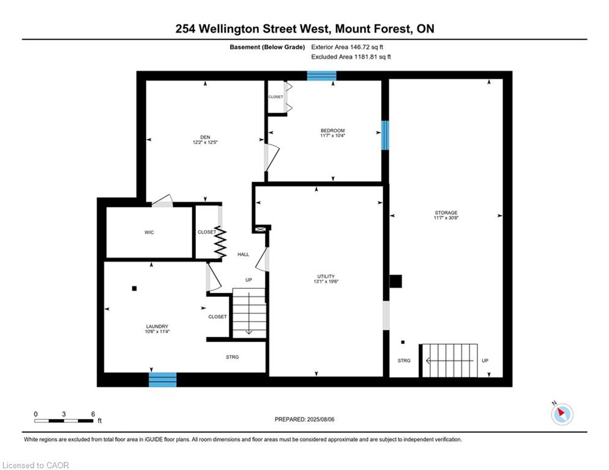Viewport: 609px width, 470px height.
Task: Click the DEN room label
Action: click(x=205, y=137)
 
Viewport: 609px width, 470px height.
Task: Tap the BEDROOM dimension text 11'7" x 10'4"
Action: click(x=332, y=136)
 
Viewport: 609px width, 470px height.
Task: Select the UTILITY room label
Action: click(x=326, y=276)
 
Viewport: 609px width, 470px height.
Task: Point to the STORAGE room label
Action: click(x=446, y=212)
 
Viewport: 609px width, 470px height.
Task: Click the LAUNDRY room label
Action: click(x=157, y=326)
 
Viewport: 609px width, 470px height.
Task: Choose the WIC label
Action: click(x=149, y=233)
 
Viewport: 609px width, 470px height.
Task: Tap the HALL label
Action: click(x=244, y=255)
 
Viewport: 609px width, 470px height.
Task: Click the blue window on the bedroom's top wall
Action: click(x=321, y=76)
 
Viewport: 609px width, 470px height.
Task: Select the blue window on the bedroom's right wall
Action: click(x=385, y=135)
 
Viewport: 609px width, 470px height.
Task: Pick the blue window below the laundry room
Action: click(x=163, y=379)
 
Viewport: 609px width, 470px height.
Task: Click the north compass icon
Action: click(x=562, y=414)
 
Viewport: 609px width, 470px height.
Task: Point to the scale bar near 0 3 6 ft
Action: click(x=64, y=420)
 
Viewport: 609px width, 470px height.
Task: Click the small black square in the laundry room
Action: click(x=135, y=288)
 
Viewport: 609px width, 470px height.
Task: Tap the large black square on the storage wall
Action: click(x=396, y=282)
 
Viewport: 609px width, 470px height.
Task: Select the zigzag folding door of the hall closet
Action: click(x=220, y=242)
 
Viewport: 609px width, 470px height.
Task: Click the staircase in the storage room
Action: click(x=450, y=360)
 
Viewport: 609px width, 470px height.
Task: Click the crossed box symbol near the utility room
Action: click(x=261, y=229)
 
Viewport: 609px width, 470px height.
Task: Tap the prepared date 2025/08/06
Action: click(x=321, y=419)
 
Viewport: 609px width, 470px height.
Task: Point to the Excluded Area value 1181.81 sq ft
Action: click(x=372, y=57)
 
